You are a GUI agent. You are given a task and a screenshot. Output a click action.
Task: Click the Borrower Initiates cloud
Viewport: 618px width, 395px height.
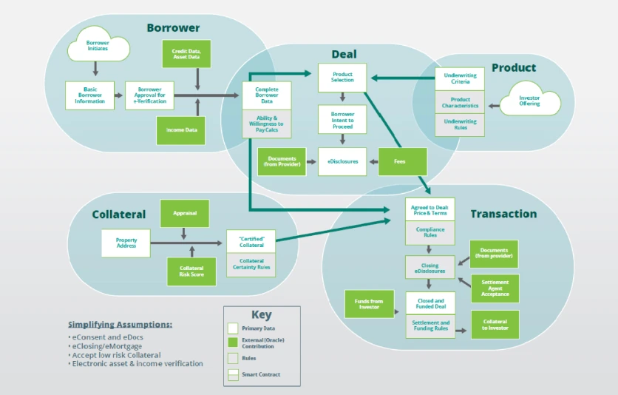pyautogui.click(x=98, y=46)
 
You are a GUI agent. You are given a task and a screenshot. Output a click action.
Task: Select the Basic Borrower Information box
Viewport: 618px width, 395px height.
pyautogui.click(x=91, y=95)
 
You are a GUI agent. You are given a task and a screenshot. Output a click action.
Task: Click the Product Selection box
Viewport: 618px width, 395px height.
pyautogui.click(x=342, y=77)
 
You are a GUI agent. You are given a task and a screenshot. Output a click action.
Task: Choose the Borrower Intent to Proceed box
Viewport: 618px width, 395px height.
pyautogui.click(x=342, y=119)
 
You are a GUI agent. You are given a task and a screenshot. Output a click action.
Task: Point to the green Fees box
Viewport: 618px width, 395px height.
pyautogui.click(x=403, y=161)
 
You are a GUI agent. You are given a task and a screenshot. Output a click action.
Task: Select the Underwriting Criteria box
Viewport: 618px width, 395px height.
pyautogui.click(x=460, y=79)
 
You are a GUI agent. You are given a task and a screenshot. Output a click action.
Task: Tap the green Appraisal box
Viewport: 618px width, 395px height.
pyautogui.click(x=185, y=213)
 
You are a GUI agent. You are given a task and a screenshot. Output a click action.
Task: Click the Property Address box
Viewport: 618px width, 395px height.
pyautogui.click(x=126, y=243)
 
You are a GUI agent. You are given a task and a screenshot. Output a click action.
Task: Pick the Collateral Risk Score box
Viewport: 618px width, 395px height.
pyautogui.click(x=191, y=271)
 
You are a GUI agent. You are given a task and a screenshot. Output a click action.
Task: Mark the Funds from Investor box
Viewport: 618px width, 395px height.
pyautogui.click(x=370, y=304)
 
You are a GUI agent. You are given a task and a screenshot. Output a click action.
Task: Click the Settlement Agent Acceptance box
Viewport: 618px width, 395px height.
pyautogui.click(x=495, y=288)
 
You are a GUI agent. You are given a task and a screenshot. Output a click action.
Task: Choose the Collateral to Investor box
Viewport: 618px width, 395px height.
pyautogui.click(x=495, y=325)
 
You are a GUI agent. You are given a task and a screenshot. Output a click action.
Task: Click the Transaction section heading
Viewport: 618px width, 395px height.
pyautogui.click(x=503, y=215)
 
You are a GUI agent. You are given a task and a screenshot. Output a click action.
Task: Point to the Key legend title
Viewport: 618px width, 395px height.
pyautogui.click(x=262, y=315)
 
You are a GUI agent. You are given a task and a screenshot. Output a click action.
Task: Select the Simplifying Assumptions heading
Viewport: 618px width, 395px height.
pyautogui.click(x=120, y=325)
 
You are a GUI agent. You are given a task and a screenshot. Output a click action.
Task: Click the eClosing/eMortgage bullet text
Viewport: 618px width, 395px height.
pyautogui.click(x=108, y=346)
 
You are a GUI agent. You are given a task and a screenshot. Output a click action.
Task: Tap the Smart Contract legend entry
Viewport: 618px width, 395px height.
pyautogui.click(x=261, y=375)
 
